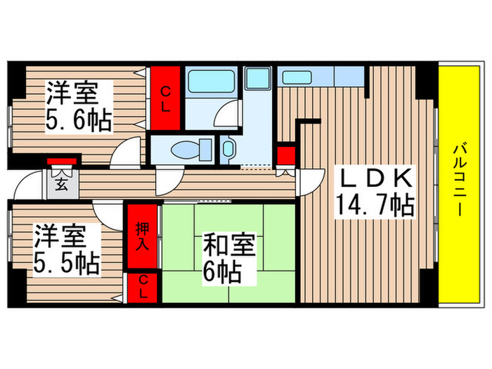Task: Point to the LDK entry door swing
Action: click(309, 183)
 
